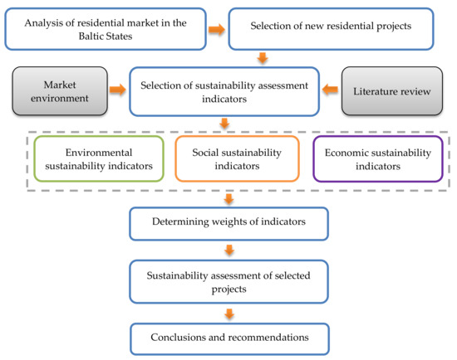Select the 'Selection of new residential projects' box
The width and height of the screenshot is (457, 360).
330,29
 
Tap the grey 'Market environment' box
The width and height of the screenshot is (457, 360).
59,91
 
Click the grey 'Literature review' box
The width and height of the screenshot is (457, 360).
397,91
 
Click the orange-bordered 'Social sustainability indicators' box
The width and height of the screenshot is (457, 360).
237,159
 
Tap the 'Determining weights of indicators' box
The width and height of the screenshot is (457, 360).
228,222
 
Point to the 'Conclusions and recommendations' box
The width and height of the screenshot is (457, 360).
228,338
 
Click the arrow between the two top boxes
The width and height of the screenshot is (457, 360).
215,30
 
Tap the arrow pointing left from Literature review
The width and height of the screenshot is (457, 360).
330,88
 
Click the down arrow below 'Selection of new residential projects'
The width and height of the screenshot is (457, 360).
263,58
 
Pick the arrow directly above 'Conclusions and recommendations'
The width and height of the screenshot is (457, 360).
228,312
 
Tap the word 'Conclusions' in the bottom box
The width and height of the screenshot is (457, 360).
182,338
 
